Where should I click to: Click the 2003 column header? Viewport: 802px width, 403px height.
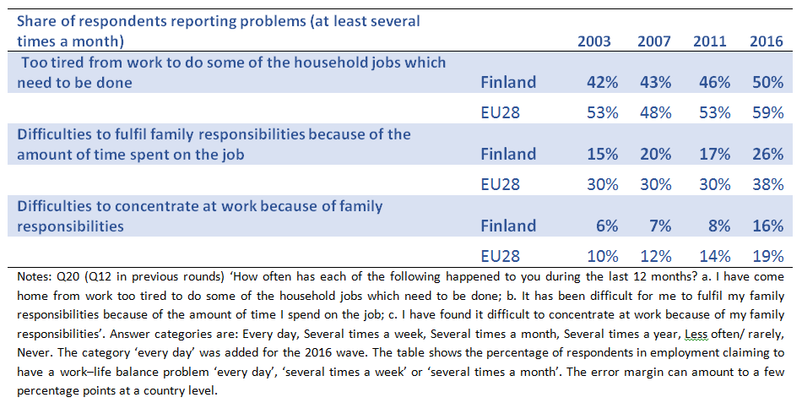point(595,41)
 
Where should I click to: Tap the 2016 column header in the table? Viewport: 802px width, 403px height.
point(767,41)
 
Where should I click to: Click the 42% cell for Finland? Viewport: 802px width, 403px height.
point(601,82)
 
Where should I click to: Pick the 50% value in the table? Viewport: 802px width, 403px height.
point(767,82)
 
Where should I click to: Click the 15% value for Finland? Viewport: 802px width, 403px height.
point(601,154)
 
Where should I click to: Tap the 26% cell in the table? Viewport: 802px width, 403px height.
point(767,154)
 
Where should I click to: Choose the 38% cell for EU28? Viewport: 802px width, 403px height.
point(767,184)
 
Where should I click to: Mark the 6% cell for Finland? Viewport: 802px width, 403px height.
point(606,226)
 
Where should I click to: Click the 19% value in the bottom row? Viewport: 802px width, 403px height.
point(767,256)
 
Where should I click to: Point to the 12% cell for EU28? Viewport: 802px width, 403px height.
point(655,256)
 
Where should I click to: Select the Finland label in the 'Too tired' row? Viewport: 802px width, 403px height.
point(508,82)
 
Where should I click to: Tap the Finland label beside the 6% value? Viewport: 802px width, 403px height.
point(508,226)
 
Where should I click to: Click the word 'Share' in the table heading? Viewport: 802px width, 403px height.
point(39,20)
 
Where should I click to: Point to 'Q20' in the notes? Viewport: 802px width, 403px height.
point(68,276)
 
